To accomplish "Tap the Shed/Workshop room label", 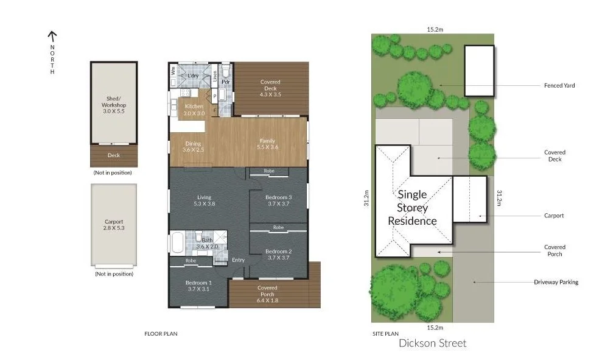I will [114, 105].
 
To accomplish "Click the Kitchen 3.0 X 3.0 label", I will [194, 110].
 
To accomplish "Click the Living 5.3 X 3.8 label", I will [204, 200].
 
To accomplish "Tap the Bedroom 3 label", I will [279, 200].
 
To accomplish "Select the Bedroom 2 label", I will [279, 255].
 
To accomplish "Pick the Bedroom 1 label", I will [198, 286].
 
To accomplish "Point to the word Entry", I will [238, 260].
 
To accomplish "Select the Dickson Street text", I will [432, 343].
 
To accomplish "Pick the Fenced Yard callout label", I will [559, 85].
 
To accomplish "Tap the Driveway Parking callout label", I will [556, 282].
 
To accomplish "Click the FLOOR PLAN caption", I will [161, 333].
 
